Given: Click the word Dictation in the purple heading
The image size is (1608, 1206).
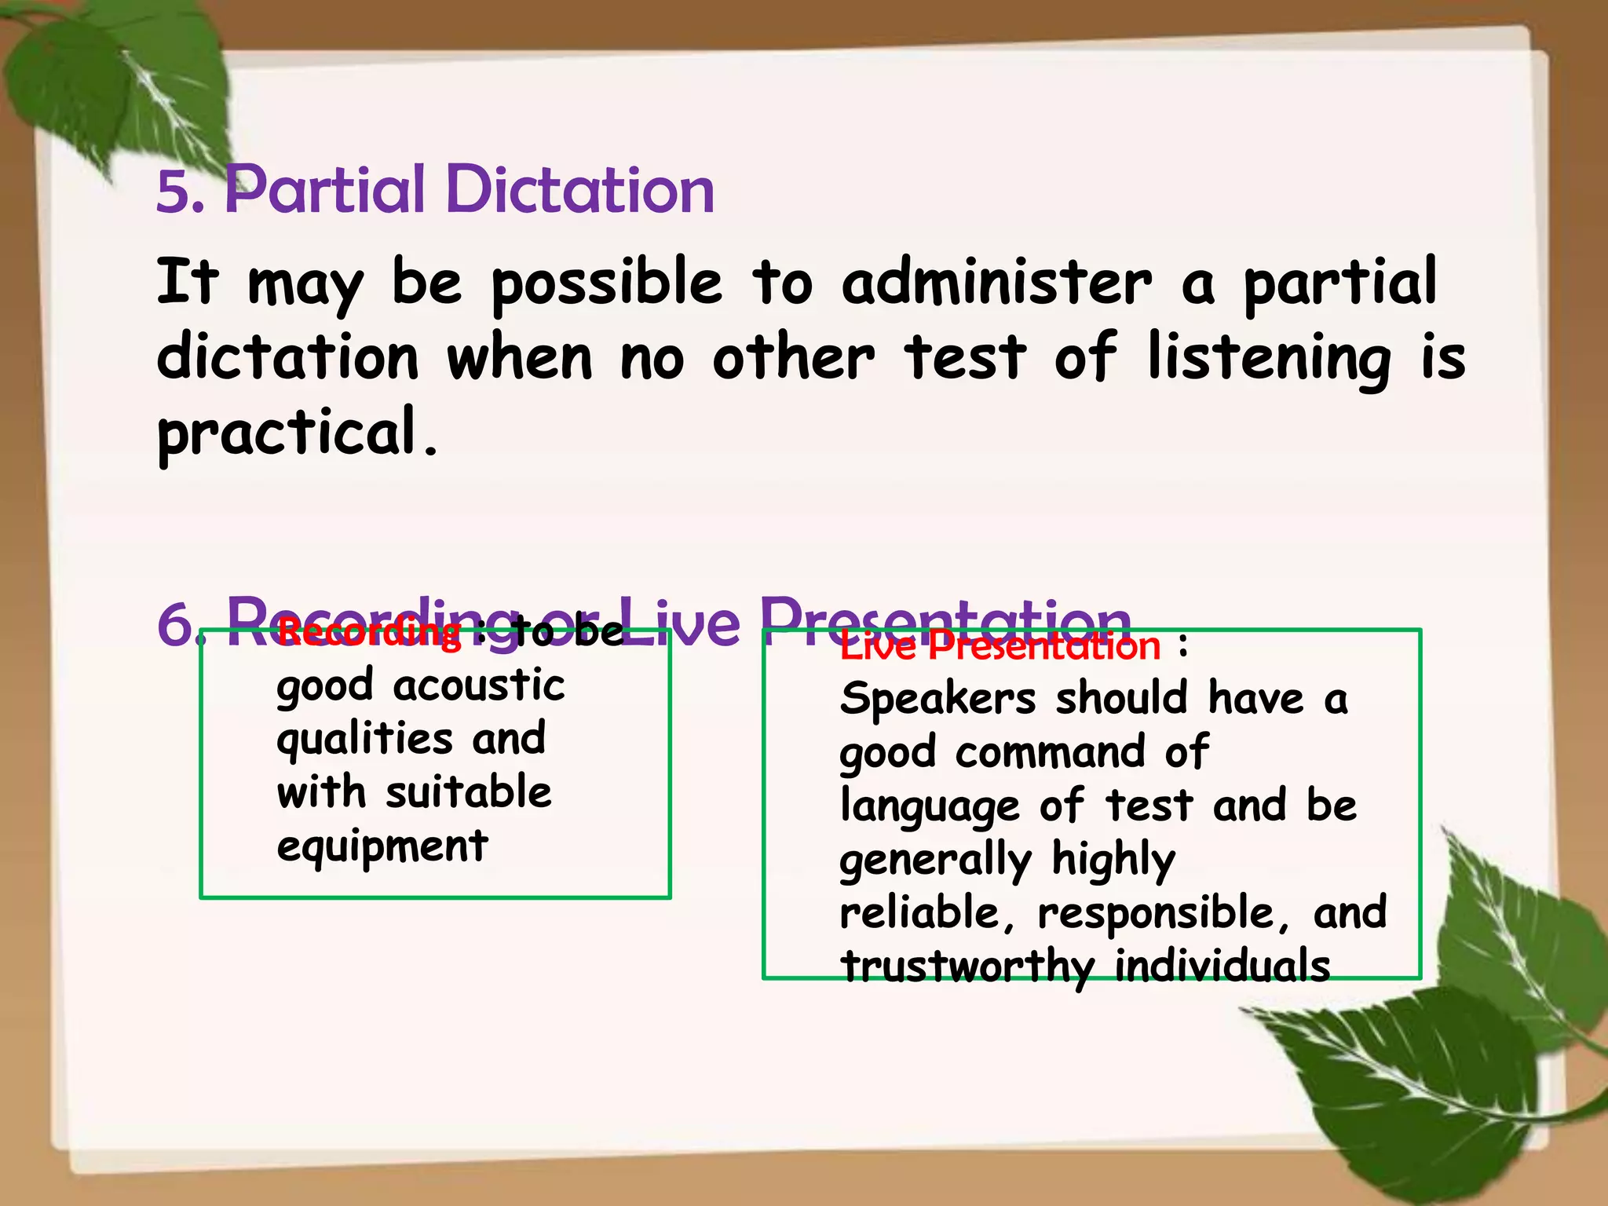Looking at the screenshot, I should point(580,190).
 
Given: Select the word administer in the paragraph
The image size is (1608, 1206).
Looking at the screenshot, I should point(996,283).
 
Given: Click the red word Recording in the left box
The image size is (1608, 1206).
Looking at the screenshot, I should point(369,632).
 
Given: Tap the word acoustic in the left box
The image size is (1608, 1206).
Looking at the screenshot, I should point(479,685).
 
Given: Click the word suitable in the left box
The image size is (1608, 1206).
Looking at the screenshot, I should point(469,792).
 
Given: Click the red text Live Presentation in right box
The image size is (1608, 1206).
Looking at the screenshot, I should point(1000,647).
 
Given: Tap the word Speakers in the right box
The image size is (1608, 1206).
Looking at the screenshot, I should point(937,699).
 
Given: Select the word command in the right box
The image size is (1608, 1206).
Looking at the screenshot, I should point(1051,753).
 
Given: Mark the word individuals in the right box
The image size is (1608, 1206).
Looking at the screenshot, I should point(1222,966).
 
